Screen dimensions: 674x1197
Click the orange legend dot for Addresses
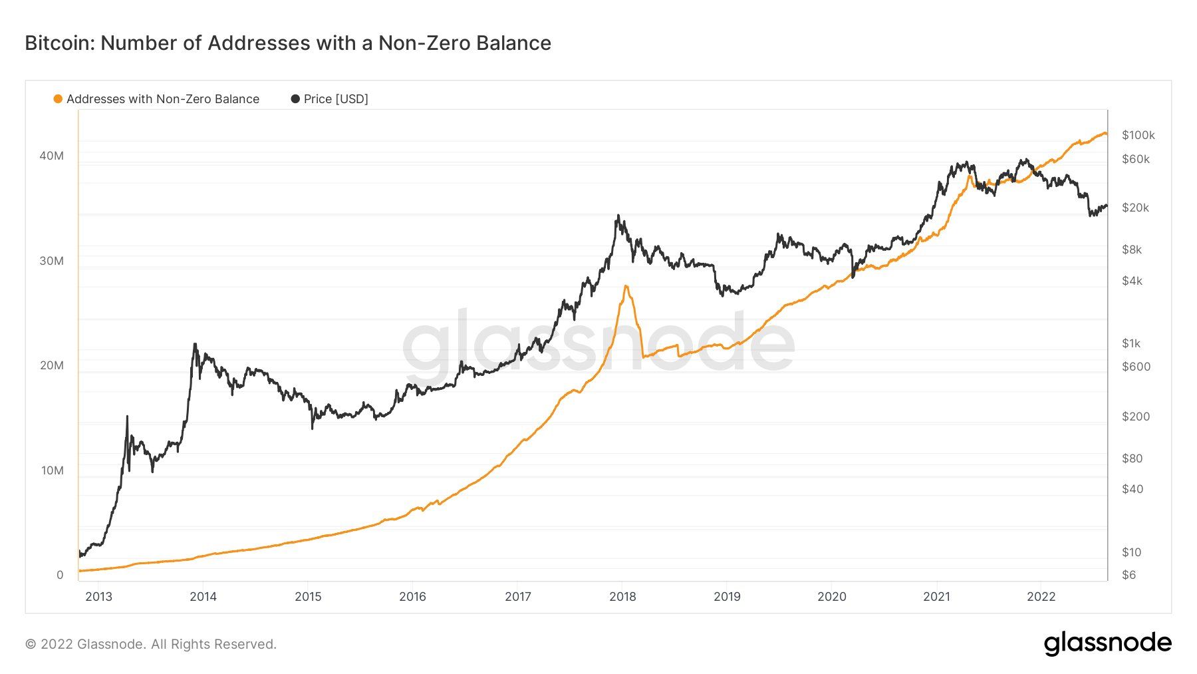[58, 99]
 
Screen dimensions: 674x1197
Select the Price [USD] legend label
[335, 99]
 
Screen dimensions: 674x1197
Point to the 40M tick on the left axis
[52, 156]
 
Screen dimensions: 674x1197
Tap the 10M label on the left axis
[52, 470]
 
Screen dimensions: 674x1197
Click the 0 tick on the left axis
[60, 575]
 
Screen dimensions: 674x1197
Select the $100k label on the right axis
[1138, 135]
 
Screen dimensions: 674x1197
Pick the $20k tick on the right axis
[1135, 208]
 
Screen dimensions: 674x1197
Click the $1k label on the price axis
[1130, 343]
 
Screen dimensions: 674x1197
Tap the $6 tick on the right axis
[1129, 575]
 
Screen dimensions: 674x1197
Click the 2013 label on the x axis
[99, 596]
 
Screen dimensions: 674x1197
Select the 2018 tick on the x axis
[622, 596]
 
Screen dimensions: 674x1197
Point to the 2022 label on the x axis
[1041, 596]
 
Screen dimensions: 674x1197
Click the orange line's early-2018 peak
[626, 286]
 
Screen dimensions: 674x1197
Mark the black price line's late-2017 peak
[618, 216]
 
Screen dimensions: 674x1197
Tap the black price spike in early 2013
[127, 417]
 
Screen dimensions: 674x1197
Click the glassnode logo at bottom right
[1107, 643]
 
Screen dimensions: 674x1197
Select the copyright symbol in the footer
[30, 644]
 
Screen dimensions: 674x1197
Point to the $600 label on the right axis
[1136, 367]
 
